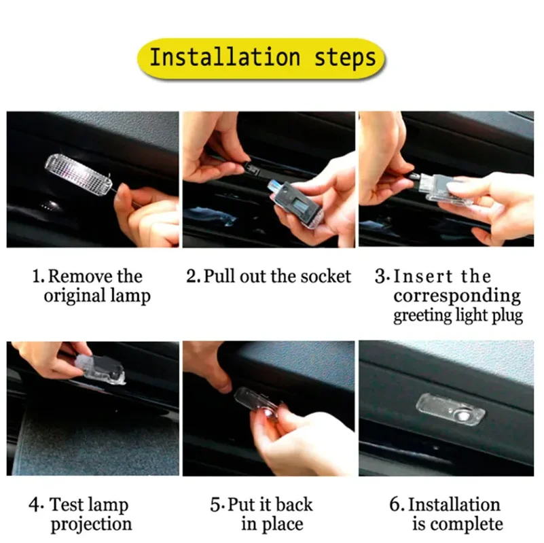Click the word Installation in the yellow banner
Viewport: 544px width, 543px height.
point(225,57)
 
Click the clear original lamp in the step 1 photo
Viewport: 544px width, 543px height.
point(79,173)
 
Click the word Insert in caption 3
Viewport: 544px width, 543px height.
point(423,277)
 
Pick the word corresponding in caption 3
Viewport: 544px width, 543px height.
point(457,297)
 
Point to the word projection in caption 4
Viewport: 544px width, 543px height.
point(91,525)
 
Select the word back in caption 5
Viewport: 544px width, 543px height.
point(294,504)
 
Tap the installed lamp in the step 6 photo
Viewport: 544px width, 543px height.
point(450,409)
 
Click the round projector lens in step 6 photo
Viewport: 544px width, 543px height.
point(463,416)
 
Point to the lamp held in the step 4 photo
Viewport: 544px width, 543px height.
point(100,370)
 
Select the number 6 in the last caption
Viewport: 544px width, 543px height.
point(395,504)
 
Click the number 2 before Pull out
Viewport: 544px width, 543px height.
point(191,277)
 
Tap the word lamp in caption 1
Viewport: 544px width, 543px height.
point(130,296)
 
